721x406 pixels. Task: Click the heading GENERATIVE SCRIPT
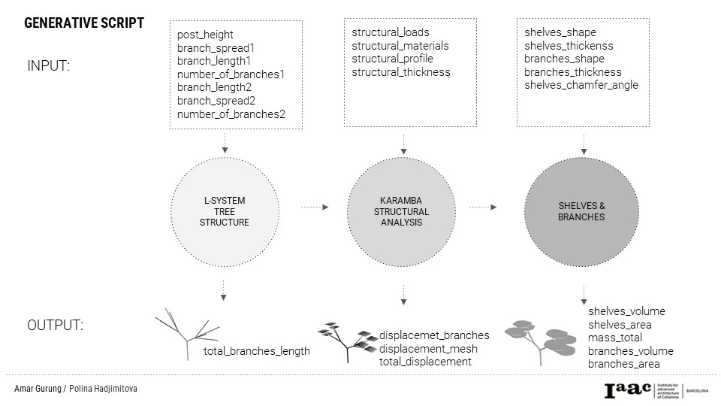coord(84,23)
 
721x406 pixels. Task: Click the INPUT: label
coord(49,66)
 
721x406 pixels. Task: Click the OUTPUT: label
coord(55,326)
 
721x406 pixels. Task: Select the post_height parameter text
coord(205,35)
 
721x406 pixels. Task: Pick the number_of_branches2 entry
coord(231,114)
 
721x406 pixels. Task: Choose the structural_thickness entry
coord(401,72)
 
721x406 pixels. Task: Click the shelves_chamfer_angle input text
coord(581,85)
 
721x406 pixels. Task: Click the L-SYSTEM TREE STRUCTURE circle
coord(225,211)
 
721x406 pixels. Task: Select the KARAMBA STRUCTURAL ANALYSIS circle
coord(403,211)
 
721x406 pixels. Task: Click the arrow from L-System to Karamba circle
coord(314,206)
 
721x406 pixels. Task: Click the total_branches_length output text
coord(256,351)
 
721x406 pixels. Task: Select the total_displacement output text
coord(425,362)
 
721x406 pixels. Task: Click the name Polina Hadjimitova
coord(108,389)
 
